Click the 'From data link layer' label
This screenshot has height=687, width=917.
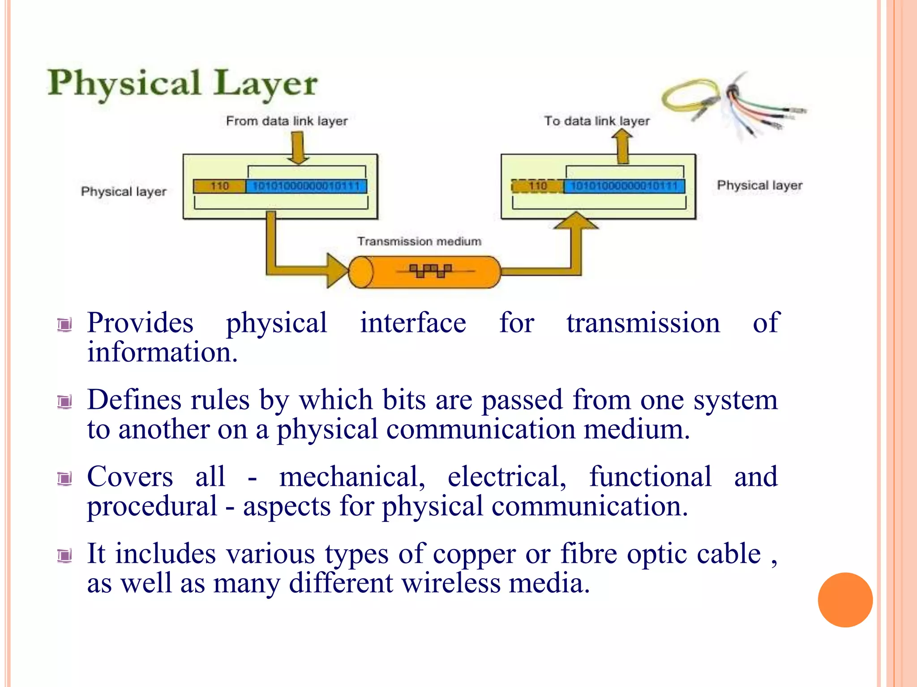[x=287, y=121]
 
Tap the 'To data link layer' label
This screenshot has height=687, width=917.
[x=596, y=121]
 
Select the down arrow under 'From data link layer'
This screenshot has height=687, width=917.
[x=298, y=148]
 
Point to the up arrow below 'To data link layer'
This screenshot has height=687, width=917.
[x=622, y=147]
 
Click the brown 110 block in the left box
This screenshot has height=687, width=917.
[x=219, y=186]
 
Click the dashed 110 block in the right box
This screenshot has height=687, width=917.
[x=537, y=186]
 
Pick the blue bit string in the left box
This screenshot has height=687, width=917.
[x=306, y=186]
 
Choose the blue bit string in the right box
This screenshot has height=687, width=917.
[x=624, y=186]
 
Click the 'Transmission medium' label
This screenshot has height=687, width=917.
[x=419, y=242]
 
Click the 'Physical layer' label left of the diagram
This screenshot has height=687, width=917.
[x=124, y=192]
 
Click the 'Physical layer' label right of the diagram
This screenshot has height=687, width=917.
[x=759, y=186]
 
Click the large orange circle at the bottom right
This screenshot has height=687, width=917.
[x=845, y=600]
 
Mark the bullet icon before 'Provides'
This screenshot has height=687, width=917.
[x=65, y=325]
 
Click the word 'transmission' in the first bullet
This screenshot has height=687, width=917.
[x=643, y=323]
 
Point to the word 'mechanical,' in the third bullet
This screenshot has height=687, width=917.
[x=352, y=477]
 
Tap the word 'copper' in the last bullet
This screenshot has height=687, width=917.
[x=474, y=554]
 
